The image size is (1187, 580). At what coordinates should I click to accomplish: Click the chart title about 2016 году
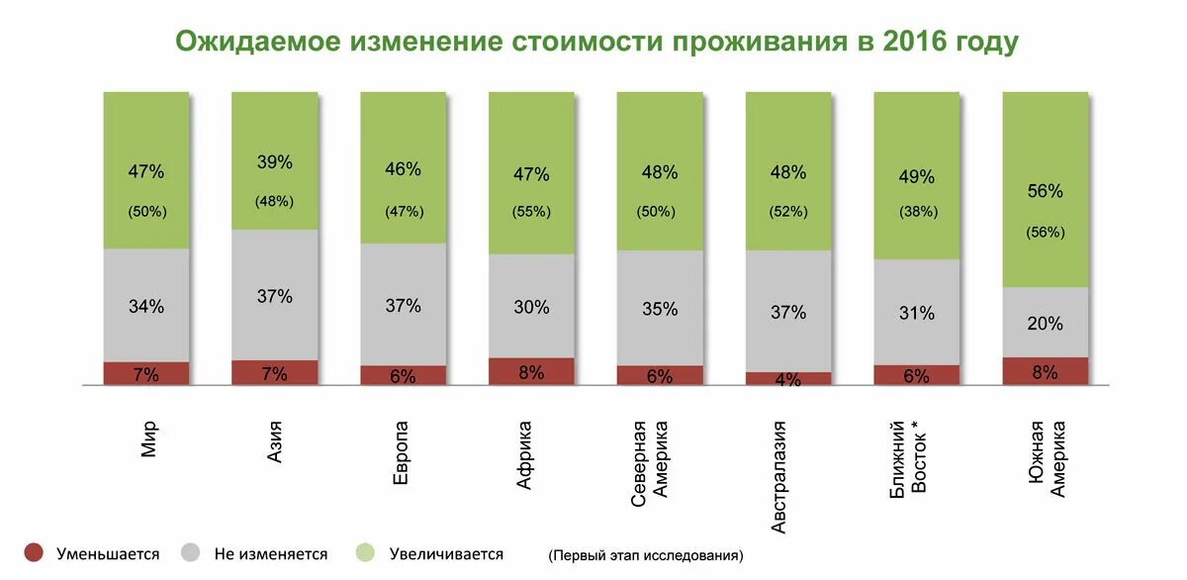[x=596, y=43]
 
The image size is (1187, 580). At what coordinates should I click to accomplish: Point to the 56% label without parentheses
[x=1046, y=191]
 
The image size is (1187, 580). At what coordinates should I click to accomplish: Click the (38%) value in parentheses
[x=917, y=212]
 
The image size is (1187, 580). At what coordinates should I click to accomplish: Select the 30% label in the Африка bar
[x=531, y=308]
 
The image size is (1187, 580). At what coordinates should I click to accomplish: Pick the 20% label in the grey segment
[x=1046, y=324]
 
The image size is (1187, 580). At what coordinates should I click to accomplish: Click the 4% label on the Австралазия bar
[x=788, y=379]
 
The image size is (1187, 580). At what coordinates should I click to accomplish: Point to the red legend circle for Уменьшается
[x=34, y=553]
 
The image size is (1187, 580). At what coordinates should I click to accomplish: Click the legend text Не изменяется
[x=270, y=554]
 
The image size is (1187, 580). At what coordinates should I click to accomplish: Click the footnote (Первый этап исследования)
[x=646, y=556]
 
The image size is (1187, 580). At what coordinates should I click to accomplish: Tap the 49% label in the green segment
[x=917, y=177]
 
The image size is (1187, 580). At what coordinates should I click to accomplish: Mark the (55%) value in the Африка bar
[x=531, y=212]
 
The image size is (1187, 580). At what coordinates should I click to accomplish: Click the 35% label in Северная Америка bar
[x=660, y=309]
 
